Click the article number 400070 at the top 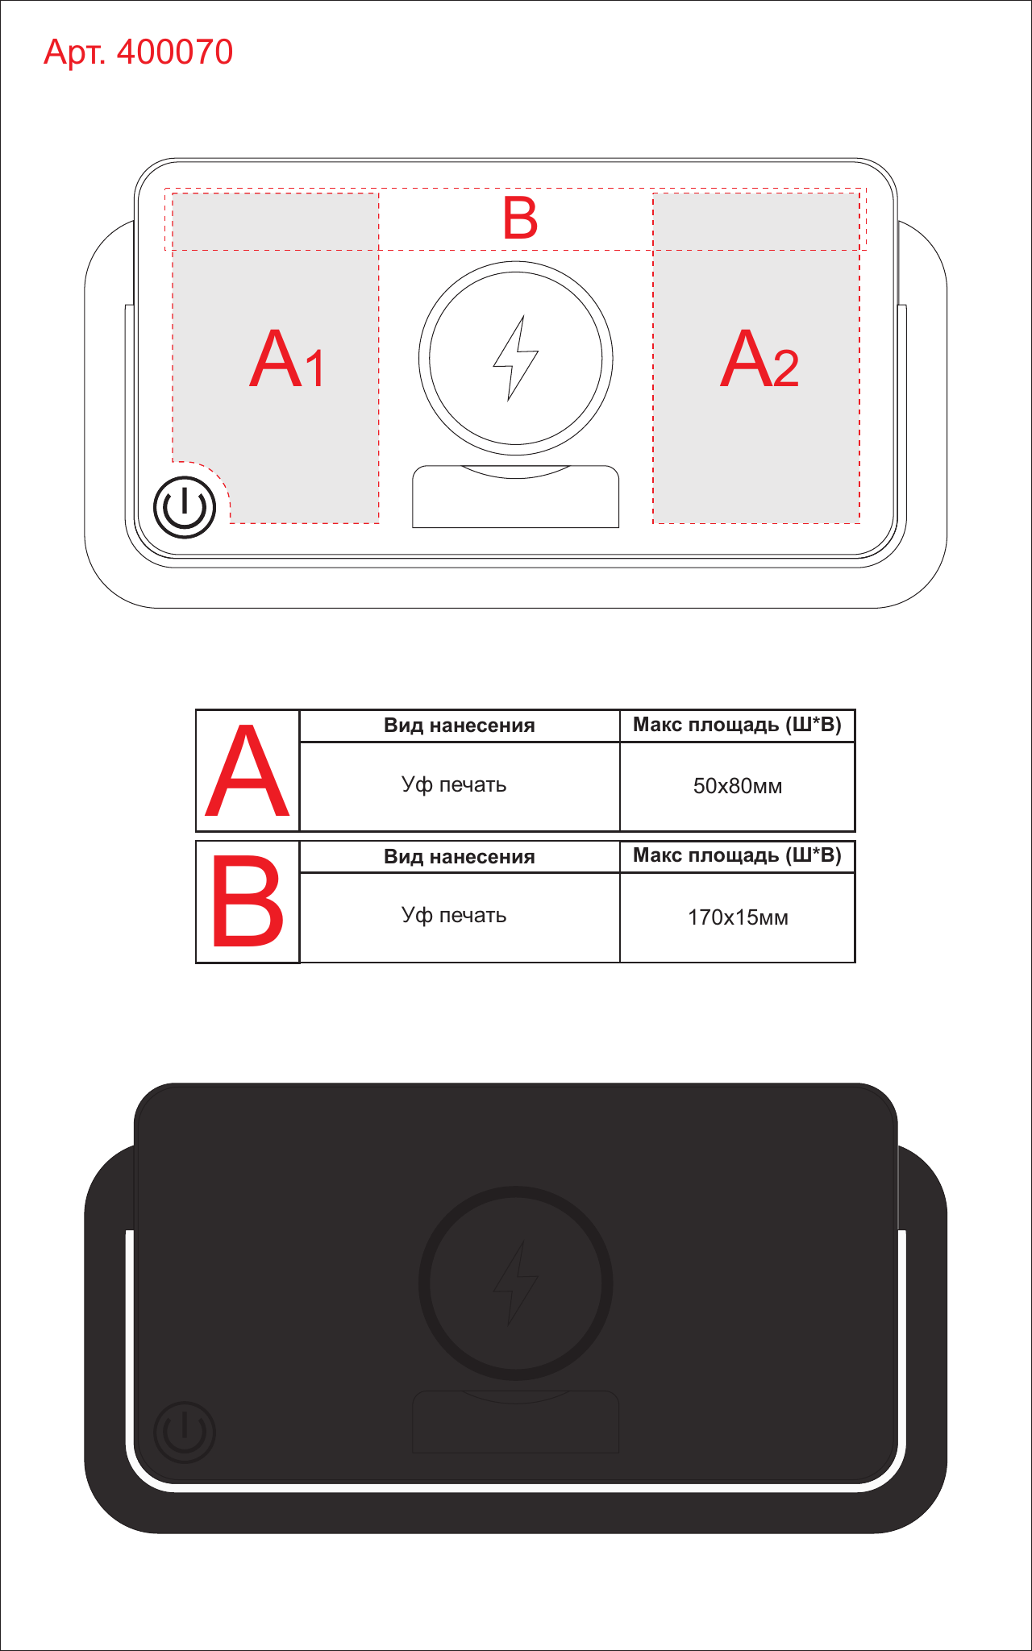pos(175,52)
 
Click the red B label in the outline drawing pos(520,218)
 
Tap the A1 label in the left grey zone pos(287,359)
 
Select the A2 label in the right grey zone pos(759,359)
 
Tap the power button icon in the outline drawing pos(185,507)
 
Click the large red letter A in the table pos(248,771)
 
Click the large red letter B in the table pos(248,901)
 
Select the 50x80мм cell pos(738,786)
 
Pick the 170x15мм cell pos(738,917)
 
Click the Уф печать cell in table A pos(454,785)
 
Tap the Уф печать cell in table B pos(454,916)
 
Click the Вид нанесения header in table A pos(460,726)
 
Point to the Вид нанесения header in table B pos(460,857)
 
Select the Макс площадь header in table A pos(737,725)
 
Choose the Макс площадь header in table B pos(737,855)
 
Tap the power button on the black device pos(185,1432)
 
